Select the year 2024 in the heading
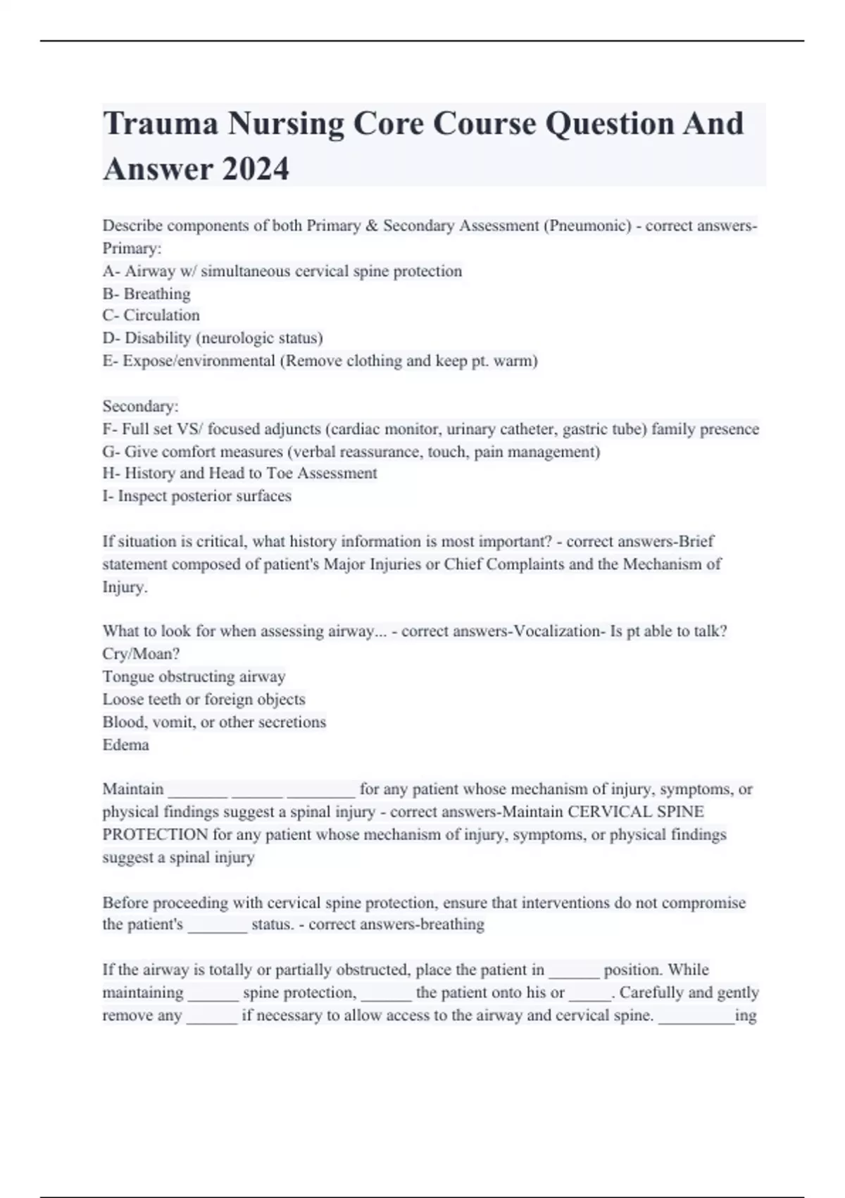coord(255,169)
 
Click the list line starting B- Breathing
coord(146,293)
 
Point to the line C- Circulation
coord(151,315)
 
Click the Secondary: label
coord(140,406)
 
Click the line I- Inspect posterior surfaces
coord(196,495)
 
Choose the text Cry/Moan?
coord(141,653)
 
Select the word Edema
coord(125,744)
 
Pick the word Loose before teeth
coord(121,699)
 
